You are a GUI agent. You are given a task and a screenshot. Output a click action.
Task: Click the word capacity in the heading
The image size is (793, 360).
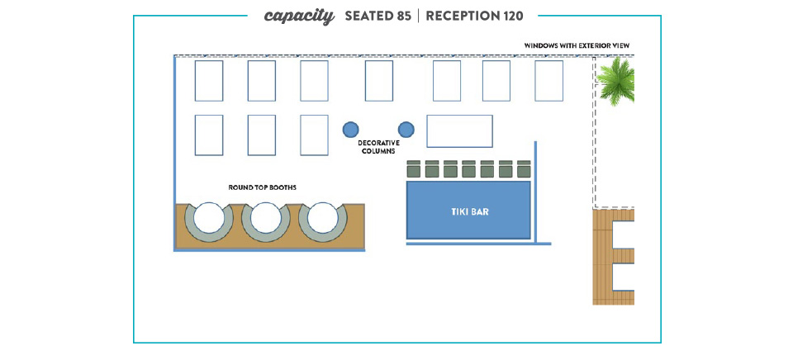click(299, 16)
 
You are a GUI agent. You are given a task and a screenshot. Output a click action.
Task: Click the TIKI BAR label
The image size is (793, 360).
click(469, 212)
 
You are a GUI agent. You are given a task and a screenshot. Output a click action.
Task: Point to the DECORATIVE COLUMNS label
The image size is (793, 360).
click(378, 147)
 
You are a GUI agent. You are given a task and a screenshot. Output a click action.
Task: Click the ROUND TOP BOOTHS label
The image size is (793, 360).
click(262, 187)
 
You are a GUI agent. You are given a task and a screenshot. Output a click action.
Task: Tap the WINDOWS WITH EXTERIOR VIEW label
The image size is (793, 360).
click(578, 45)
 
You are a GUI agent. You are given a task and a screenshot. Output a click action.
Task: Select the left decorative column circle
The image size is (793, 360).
click(350, 130)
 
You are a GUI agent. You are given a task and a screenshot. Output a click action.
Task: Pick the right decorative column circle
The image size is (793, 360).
click(406, 130)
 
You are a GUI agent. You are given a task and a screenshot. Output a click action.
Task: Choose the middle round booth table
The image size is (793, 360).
click(265, 218)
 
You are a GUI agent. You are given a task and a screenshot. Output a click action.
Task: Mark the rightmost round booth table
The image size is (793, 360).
click(323, 218)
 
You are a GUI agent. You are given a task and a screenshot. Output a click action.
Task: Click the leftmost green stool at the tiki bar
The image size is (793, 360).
click(415, 169)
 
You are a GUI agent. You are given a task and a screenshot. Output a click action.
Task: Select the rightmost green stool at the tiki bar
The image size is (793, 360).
click(524, 169)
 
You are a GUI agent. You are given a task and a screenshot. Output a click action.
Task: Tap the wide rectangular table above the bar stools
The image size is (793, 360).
click(459, 131)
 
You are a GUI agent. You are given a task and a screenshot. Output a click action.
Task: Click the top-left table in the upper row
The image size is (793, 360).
click(208, 81)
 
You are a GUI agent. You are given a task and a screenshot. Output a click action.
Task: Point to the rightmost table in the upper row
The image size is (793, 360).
click(548, 81)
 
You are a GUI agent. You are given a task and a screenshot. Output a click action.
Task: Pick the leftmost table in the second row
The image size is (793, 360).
click(208, 135)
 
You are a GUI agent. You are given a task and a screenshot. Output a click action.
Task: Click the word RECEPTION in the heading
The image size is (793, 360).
click(462, 16)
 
